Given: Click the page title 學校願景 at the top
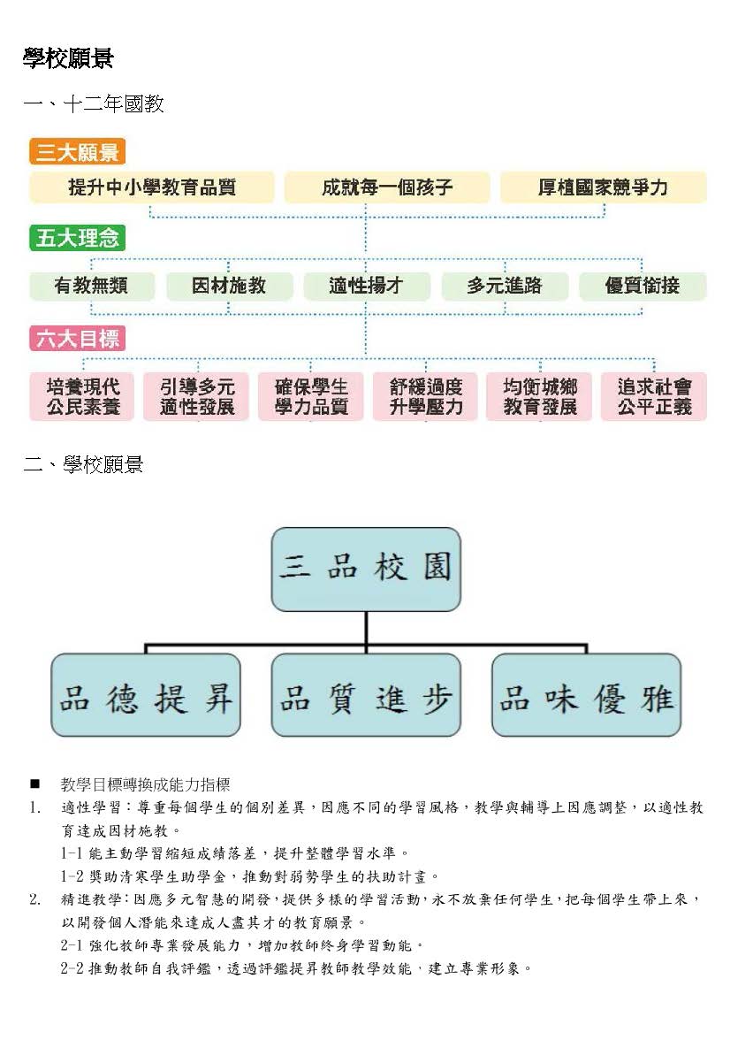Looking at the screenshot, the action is (x=68, y=58).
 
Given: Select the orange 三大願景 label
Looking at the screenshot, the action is (x=77, y=152).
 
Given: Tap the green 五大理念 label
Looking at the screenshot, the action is (x=77, y=238).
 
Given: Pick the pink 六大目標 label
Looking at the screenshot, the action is (x=77, y=338).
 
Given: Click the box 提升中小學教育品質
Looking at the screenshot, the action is (x=152, y=187).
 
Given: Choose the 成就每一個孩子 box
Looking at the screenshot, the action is (x=386, y=187).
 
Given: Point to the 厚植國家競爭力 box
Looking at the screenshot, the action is (x=603, y=187).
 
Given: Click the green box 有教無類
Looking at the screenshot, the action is (x=91, y=286).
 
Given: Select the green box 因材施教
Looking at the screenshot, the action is (x=229, y=286).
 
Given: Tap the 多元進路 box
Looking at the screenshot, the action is (x=505, y=286).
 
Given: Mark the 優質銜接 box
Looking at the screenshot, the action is (x=643, y=286).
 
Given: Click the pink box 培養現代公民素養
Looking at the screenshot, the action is (x=82, y=397).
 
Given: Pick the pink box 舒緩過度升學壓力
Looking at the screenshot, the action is (x=426, y=397).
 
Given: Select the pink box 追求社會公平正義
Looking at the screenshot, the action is (x=654, y=397).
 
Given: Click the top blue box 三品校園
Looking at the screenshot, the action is (x=366, y=570).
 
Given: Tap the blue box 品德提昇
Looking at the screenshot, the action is (x=146, y=695).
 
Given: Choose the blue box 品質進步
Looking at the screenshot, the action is (x=366, y=695).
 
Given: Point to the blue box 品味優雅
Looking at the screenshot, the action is (x=586, y=695).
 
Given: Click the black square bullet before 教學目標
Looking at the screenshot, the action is (x=35, y=784).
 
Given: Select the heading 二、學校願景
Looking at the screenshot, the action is (x=83, y=465).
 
